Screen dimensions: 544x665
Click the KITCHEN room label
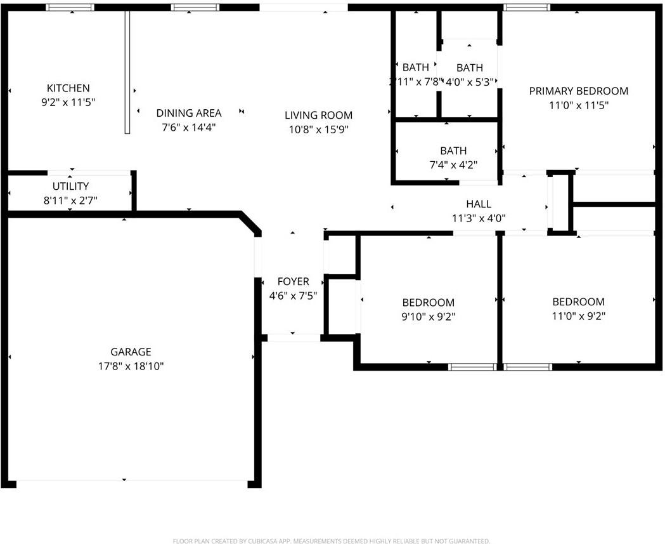[68, 88]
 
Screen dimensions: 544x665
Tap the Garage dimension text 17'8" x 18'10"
[131, 366]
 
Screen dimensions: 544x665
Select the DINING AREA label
[189, 113]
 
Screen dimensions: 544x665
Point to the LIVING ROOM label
[318, 115]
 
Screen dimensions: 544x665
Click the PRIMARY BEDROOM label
[578, 91]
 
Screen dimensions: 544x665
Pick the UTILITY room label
[70, 186]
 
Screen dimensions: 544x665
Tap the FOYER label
[293, 281]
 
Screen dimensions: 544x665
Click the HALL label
[479, 204]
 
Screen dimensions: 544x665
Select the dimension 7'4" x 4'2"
[453, 164]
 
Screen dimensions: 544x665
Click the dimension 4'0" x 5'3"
[470, 81]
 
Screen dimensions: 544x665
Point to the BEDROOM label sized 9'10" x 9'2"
[428, 302]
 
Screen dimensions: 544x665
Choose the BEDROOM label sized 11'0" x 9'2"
[578, 302]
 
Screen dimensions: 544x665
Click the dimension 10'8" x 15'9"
[318, 129]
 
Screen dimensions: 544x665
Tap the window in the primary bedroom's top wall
[527, 8]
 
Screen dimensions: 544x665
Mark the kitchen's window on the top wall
[70, 8]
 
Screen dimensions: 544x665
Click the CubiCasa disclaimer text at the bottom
[332, 541]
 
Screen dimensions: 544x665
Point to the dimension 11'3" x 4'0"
[479, 218]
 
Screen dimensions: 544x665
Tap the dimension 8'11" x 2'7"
[70, 200]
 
